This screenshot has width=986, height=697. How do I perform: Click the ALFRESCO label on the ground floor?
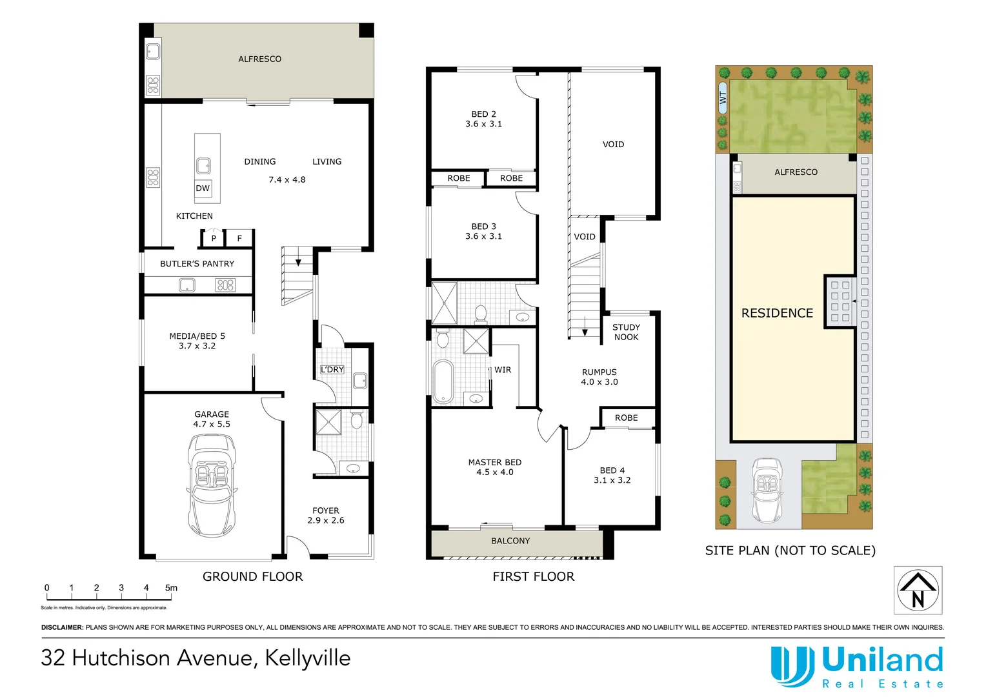coord(259,59)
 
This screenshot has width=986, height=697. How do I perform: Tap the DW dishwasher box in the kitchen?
coord(203,188)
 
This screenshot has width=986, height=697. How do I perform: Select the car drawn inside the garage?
coord(212,485)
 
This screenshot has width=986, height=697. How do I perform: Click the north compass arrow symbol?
coord(918,590)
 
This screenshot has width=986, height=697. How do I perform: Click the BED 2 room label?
coord(483,114)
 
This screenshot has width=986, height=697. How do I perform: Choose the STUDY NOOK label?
coord(626,332)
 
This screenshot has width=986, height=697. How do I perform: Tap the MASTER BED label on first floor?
coord(495,462)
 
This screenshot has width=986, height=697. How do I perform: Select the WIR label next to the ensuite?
coord(503,370)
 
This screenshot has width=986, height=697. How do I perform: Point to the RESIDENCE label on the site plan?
coord(777,313)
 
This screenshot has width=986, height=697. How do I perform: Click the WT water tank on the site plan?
coord(723,98)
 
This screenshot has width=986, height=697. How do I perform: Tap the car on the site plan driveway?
coord(767,490)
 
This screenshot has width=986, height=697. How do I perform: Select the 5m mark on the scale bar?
coord(171,588)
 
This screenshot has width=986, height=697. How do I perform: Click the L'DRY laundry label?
coord(332,369)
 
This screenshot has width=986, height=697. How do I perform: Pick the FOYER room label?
coord(326,510)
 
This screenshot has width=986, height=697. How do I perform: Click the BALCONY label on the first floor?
coord(510,541)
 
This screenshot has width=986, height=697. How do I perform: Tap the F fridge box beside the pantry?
coord(239,238)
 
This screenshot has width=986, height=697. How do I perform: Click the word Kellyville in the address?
coord(308,658)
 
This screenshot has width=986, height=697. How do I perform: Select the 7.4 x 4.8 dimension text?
coord(287,179)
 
